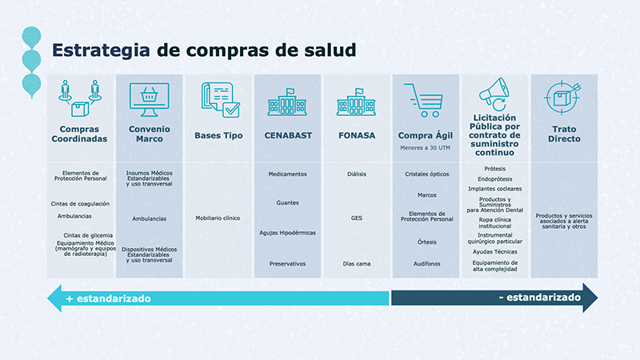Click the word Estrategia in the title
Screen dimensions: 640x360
click(x=101, y=50)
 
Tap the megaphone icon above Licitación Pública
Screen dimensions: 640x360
click(x=494, y=94)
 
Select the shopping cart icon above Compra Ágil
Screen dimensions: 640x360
click(x=424, y=101)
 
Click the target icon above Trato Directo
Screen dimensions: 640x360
click(x=563, y=98)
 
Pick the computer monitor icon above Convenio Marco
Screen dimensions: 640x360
click(x=149, y=100)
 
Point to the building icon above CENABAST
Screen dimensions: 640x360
click(x=287, y=102)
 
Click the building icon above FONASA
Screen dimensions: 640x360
click(x=356, y=102)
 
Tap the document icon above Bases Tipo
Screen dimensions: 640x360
click(x=221, y=100)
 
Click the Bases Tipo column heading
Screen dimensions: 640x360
click(x=218, y=135)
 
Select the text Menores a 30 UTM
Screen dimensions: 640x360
click(x=426, y=148)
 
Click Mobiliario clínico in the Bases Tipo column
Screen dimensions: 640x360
click(x=218, y=218)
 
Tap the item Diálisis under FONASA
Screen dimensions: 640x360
click(x=357, y=174)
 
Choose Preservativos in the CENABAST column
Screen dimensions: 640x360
click(x=287, y=264)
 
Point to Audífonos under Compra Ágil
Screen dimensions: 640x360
click(x=426, y=264)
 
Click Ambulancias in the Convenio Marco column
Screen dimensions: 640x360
click(x=149, y=218)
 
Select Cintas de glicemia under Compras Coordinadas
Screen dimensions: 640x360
click(x=88, y=235)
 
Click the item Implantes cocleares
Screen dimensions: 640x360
click(x=494, y=189)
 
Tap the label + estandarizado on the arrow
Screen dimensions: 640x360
click(x=108, y=298)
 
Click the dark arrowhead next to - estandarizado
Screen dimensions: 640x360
click(x=590, y=298)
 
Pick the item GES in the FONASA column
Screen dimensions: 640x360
click(x=356, y=218)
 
